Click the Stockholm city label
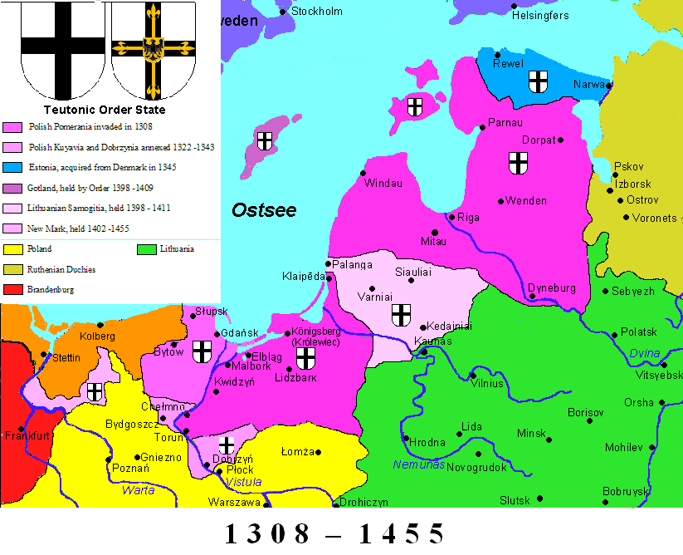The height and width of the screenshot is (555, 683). (x=317, y=12)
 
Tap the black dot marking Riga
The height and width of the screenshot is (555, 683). (x=451, y=218)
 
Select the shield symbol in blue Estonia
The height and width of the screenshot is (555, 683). (x=539, y=81)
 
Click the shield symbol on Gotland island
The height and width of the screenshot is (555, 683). (x=265, y=141)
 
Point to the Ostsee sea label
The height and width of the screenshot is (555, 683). (x=263, y=211)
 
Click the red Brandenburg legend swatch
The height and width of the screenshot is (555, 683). (x=12, y=290)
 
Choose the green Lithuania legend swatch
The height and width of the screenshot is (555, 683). (x=147, y=248)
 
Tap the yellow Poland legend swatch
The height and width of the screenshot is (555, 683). (x=12, y=248)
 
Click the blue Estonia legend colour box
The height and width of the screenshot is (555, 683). (x=12, y=167)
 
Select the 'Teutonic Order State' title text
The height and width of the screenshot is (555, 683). (x=104, y=110)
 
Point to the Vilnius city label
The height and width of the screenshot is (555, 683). (x=486, y=383)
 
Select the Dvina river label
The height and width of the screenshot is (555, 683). (x=644, y=353)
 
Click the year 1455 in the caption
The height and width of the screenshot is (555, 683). (x=402, y=533)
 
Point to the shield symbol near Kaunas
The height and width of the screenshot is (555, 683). (x=402, y=314)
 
